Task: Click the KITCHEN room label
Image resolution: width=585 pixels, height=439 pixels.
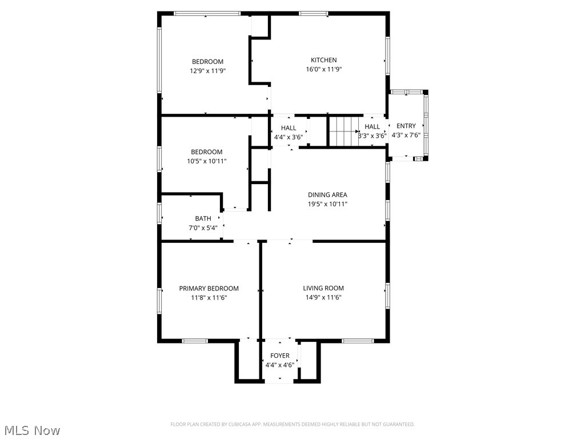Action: (x=323, y=60)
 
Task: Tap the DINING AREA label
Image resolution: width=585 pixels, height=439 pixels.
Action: (x=327, y=195)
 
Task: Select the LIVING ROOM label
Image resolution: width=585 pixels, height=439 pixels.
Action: (x=323, y=288)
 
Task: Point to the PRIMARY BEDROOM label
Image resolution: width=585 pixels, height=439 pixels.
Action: (x=209, y=289)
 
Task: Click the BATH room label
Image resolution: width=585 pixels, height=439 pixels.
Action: (x=203, y=218)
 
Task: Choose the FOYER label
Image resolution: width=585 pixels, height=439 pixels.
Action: (x=280, y=356)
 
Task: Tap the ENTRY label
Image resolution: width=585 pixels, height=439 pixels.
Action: (x=406, y=126)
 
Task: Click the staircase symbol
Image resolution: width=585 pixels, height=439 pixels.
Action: (x=343, y=131)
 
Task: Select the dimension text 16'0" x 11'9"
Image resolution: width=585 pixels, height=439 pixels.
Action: (x=323, y=69)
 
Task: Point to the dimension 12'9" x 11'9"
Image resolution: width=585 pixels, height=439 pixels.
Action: (x=207, y=71)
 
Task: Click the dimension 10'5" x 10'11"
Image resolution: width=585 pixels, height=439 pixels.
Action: (x=207, y=161)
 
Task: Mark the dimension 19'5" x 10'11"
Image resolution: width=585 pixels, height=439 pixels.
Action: (x=327, y=204)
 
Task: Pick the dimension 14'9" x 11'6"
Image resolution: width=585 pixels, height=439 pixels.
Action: (x=323, y=297)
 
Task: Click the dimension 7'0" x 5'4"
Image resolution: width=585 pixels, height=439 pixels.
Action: (x=203, y=228)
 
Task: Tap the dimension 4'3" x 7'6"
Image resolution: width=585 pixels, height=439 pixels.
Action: (x=406, y=135)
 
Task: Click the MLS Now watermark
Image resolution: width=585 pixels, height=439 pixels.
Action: (x=32, y=430)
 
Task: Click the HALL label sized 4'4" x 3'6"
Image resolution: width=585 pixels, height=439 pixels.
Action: (x=289, y=128)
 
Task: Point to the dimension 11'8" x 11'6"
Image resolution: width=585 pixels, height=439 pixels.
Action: (x=209, y=298)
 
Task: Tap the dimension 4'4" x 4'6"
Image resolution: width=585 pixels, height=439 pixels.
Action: (x=280, y=365)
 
